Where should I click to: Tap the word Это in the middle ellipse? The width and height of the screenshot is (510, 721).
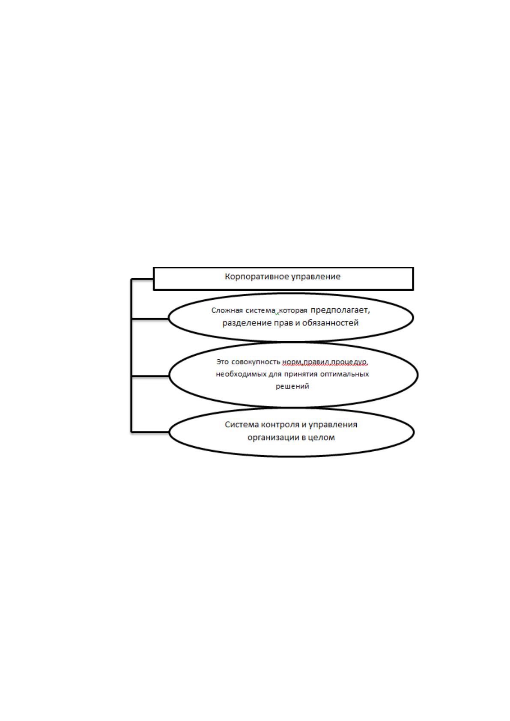pyautogui.click(x=223, y=362)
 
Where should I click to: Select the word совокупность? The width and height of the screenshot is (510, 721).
pyautogui.click(x=256, y=362)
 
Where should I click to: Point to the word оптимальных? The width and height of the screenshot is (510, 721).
pyautogui.click(x=345, y=374)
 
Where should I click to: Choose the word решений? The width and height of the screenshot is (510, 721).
pyautogui.click(x=292, y=386)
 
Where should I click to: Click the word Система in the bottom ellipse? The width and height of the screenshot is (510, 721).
pyautogui.click(x=242, y=425)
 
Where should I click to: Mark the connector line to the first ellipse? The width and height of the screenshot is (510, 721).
pyautogui.click(x=150, y=319)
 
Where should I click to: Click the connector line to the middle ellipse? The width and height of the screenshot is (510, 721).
pyautogui.click(x=150, y=375)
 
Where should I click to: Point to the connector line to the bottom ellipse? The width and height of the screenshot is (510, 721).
pyautogui.click(x=150, y=432)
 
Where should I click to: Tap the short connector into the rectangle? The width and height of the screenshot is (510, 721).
pyautogui.click(x=142, y=279)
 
